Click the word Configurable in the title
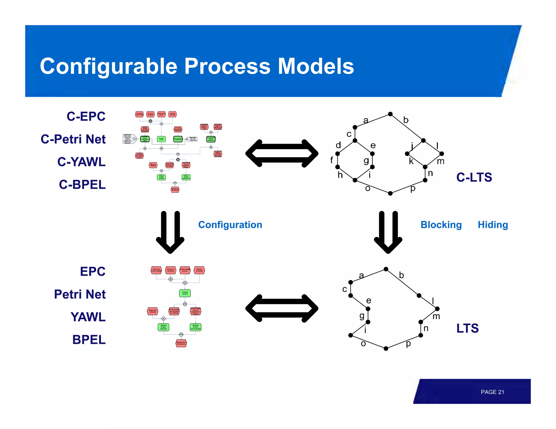109,66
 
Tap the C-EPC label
86,117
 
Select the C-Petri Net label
73,139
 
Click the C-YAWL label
81,162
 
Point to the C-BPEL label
82,185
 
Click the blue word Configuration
230,225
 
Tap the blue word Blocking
441,225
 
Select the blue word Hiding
493,225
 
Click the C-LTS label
474,177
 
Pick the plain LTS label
467,328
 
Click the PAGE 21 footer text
492,392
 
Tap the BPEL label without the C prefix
89,340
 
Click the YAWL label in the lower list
88,317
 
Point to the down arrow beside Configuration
170,232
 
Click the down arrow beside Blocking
388,232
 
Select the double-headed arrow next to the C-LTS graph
282,153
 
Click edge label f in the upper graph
331,160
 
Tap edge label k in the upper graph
411,161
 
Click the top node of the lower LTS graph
386,269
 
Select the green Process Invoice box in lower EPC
185,293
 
